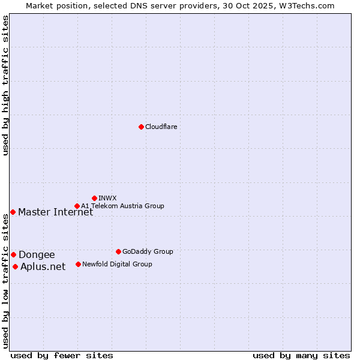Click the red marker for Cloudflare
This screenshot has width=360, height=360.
[x=141, y=127]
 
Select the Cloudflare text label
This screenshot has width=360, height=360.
[x=161, y=127]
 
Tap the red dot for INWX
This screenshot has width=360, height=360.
[x=94, y=198]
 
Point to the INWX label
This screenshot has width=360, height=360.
[x=107, y=198]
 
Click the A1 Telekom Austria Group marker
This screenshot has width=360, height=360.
[x=77, y=206]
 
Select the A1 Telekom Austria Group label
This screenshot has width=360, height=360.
[x=122, y=206]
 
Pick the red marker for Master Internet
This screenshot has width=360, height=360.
[x=13, y=212]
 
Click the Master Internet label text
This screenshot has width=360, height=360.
[x=55, y=212]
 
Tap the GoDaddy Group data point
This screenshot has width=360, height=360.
[x=118, y=251]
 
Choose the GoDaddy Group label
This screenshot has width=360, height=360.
[x=148, y=252]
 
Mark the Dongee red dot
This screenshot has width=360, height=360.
[x=13, y=254]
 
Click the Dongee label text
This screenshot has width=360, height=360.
[x=37, y=255]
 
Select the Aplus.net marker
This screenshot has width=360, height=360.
[x=15, y=266]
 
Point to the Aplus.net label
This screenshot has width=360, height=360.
[x=43, y=267]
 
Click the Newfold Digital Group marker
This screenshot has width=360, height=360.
[x=78, y=264]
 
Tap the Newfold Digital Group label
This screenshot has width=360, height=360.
[x=117, y=264]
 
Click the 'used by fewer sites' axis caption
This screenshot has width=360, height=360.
[x=62, y=355]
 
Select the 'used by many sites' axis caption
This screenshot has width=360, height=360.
[x=301, y=355]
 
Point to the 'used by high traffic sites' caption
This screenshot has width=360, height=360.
[x=5, y=85]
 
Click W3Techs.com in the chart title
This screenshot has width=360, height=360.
[x=306, y=5]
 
